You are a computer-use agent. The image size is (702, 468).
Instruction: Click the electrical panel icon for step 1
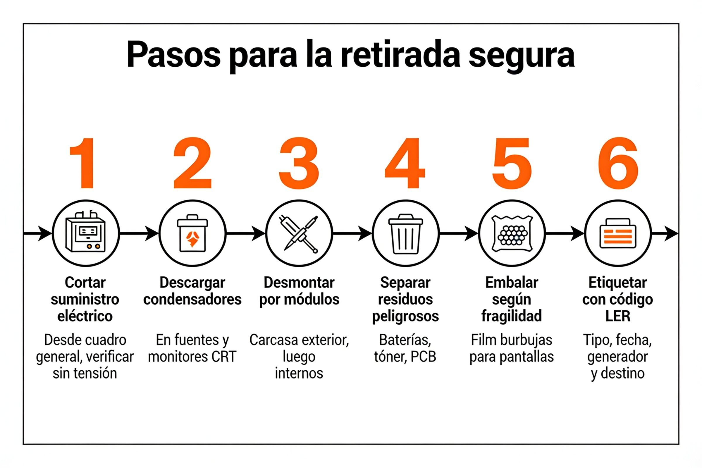86,232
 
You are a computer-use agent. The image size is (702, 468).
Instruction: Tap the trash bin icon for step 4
406,234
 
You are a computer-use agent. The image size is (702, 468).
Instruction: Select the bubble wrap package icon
512,233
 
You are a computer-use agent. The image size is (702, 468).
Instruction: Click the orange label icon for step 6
618,233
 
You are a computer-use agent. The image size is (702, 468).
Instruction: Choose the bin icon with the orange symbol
192,233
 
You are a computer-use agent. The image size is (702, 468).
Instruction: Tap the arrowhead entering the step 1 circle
45,233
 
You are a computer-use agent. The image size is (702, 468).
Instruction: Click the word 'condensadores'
192,299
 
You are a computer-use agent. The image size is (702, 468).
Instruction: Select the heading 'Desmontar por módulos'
299,291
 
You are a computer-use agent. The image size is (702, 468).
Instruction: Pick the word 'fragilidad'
512,316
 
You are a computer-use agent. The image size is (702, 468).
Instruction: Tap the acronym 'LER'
618,316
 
